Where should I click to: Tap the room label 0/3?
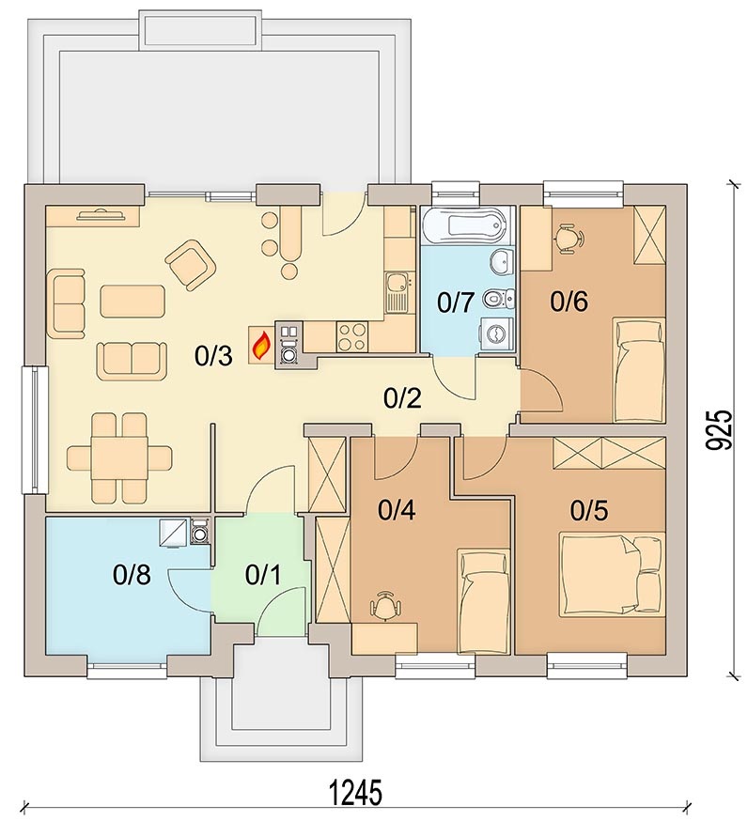(x=213, y=357)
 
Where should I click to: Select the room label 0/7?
(x=456, y=302)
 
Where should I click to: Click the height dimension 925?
(x=717, y=429)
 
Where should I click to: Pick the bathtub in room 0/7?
(x=464, y=225)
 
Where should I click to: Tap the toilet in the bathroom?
(x=500, y=299)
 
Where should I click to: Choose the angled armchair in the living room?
(x=190, y=264)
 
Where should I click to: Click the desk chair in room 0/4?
(x=386, y=606)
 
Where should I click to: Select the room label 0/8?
(x=132, y=575)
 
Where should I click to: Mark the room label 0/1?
(x=263, y=575)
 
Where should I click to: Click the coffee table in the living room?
(x=132, y=302)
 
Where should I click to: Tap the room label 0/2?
(x=402, y=399)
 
